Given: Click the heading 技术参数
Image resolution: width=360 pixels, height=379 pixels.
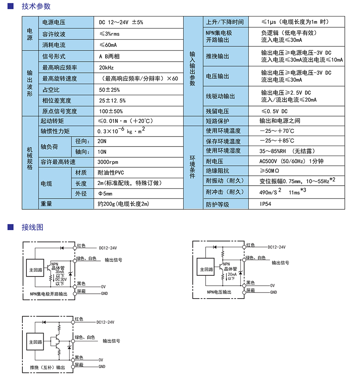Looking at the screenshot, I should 36,6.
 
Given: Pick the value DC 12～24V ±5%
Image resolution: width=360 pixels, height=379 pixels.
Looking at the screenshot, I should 120,22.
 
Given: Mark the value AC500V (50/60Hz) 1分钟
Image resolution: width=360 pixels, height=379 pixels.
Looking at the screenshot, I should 291,161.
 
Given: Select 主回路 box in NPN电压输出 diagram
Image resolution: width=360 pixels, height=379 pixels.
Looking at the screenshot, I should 205,269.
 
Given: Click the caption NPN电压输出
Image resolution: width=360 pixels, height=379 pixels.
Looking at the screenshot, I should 219,292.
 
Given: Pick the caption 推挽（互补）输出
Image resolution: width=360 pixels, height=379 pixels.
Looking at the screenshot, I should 47,367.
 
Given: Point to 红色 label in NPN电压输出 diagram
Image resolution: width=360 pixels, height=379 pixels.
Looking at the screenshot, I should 250,245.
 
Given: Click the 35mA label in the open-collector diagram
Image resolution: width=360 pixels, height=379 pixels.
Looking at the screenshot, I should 60,272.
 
